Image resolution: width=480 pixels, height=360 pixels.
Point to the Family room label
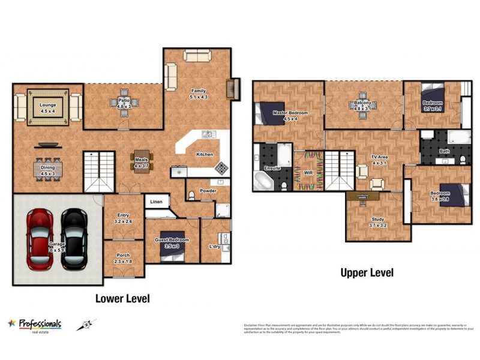pos(198,91)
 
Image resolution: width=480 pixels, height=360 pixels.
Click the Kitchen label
pos(205,154)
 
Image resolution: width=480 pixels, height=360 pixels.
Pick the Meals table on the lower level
pos(142,163)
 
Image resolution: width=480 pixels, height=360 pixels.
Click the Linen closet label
pos(156,202)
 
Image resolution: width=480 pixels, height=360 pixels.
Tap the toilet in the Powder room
pos(191,195)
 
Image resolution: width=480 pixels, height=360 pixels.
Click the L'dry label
pos(214,247)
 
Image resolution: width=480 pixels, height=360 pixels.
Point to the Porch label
pos(122,256)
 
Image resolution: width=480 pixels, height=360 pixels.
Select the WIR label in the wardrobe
pos(308,172)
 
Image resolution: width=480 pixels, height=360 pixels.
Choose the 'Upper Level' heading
pos(367,273)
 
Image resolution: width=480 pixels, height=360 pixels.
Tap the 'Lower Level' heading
pos(122,298)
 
